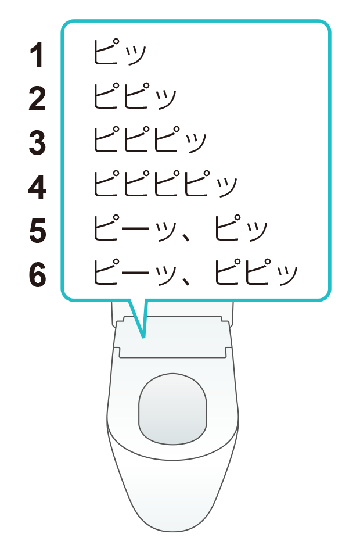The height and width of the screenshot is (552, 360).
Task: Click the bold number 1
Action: (x=37, y=55)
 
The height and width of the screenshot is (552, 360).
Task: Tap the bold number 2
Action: (x=37, y=99)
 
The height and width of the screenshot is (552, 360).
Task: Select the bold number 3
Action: (x=37, y=142)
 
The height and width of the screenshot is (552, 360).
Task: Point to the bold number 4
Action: (x=37, y=187)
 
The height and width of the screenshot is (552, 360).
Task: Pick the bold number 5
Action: (x=37, y=231)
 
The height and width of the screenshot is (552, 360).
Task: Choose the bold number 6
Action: (x=37, y=275)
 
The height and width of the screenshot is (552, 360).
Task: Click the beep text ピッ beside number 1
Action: (x=119, y=53)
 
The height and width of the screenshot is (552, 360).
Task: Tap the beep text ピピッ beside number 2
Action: (x=135, y=96)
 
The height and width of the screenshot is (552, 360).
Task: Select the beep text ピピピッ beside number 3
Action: (x=150, y=140)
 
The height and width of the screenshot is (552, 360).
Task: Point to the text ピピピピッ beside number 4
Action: (x=165, y=184)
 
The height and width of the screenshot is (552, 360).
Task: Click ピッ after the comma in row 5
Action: (x=241, y=228)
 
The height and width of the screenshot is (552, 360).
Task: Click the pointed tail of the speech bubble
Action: (x=143, y=337)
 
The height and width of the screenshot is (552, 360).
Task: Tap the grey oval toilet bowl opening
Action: (x=172, y=408)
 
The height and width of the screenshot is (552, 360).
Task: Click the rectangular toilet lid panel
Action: (x=172, y=337)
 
